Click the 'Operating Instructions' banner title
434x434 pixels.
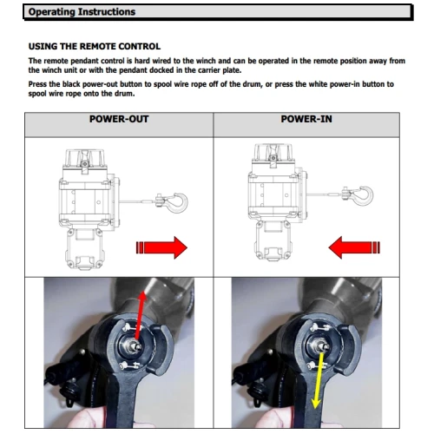click(x=82, y=12)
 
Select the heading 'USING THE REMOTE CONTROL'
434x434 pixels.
click(x=95, y=46)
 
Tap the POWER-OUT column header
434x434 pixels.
click(x=119, y=119)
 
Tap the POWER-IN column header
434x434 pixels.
click(x=306, y=119)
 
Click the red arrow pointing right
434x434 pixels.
click(x=161, y=247)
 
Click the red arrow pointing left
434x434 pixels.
click(x=354, y=247)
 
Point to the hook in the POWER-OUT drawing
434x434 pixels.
click(x=173, y=202)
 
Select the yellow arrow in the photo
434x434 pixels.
click(x=319, y=380)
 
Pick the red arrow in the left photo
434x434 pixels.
click(x=140, y=315)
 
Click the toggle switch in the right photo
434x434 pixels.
click(x=321, y=345)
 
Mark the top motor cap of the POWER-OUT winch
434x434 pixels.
click(x=84, y=159)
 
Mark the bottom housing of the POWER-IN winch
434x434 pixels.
click(x=273, y=241)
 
